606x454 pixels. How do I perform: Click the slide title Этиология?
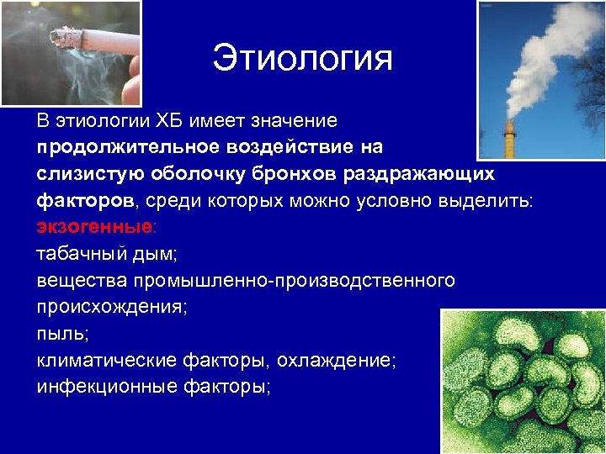pyautogui.click(x=302, y=59)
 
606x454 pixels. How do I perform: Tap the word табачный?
pyautogui.click(x=77, y=255)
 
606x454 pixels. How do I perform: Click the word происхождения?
pyautogui.click(x=111, y=308)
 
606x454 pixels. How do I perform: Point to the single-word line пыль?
pyautogui.click(x=61, y=335)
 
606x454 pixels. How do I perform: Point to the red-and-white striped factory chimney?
pyautogui.click(x=509, y=139)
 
